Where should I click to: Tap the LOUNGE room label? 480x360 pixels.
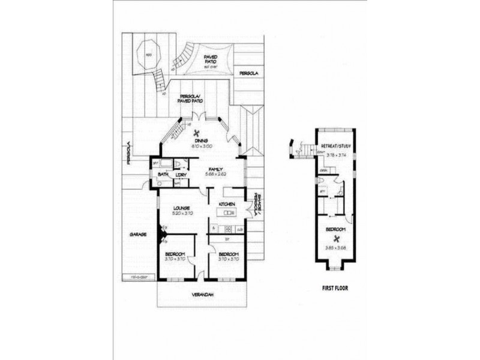(x=182, y=208)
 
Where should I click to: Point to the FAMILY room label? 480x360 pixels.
(x=217, y=170)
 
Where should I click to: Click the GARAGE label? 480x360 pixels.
(x=139, y=235)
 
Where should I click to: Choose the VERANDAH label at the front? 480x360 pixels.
(x=203, y=295)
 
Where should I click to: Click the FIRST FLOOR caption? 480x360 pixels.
(x=335, y=288)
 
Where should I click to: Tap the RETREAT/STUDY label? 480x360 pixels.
(x=336, y=146)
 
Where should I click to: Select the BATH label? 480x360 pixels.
(x=163, y=175)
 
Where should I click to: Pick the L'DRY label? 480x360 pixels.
(x=182, y=175)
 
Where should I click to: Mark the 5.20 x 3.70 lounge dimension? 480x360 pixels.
(x=182, y=214)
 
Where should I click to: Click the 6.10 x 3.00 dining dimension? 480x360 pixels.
(x=200, y=146)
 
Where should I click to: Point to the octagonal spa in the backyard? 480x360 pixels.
(x=147, y=53)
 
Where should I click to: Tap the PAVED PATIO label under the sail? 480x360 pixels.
(x=210, y=59)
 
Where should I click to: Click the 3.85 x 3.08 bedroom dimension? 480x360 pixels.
(x=336, y=247)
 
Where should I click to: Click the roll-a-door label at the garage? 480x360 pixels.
(x=139, y=277)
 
